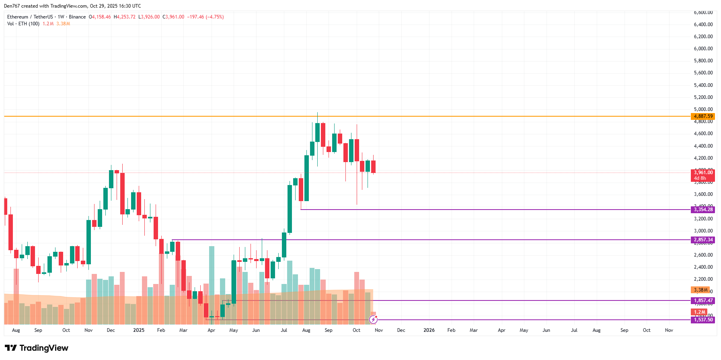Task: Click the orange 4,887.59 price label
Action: [703, 116]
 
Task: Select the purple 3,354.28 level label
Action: [703, 210]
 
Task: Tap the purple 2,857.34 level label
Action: [703, 240]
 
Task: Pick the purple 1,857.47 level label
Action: [703, 300]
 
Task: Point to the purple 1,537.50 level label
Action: [703, 320]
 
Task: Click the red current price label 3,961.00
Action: [703, 173]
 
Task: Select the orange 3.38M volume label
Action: [700, 290]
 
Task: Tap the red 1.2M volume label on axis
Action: [699, 312]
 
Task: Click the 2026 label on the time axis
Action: [429, 330]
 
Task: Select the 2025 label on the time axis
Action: [138, 330]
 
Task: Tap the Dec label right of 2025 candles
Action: [401, 330]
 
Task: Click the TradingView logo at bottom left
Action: [37, 348]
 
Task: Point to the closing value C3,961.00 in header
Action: [173, 17]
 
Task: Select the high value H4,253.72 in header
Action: [125, 17]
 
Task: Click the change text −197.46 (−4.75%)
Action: [205, 17]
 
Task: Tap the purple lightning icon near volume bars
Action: [373, 320]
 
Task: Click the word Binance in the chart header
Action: [77, 17]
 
